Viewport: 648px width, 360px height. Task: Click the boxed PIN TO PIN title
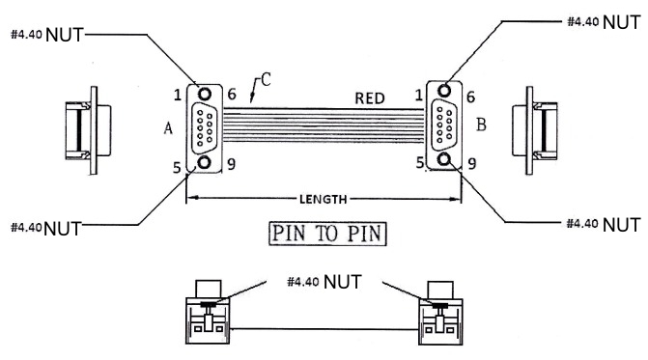pyautogui.click(x=327, y=234)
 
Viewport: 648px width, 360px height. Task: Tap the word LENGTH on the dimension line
pyautogui.click(x=324, y=200)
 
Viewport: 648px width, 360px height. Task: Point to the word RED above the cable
pyautogui.click(x=370, y=98)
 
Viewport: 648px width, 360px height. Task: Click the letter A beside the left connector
pyautogui.click(x=168, y=128)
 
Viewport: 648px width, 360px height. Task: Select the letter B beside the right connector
pyautogui.click(x=481, y=125)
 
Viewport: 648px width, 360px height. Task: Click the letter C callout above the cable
pyautogui.click(x=266, y=79)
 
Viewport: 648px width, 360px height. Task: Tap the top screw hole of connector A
pyautogui.click(x=205, y=94)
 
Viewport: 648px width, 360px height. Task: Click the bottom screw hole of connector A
pyautogui.click(x=204, y=162)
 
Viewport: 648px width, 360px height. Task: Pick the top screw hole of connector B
pyautogui.click(x=444, y=90)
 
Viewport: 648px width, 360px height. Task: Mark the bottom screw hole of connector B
pyautogui.click(x=444, y=159)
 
